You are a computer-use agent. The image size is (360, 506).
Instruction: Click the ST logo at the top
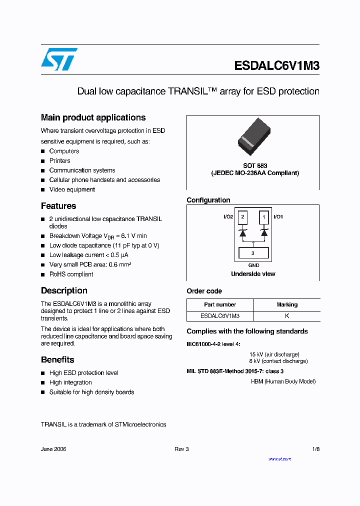tap(59, 59)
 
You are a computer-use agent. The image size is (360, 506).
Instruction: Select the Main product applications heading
tap(93, 117)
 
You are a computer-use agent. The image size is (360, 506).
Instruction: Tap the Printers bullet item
tap(59, 161)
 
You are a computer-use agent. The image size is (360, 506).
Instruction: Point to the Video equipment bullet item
tap(72, 189)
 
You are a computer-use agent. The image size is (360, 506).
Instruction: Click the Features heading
tap(58, 206)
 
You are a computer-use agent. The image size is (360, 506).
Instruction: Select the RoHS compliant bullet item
tap(71, 274)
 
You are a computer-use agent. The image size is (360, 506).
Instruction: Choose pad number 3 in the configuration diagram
tap(253, 253)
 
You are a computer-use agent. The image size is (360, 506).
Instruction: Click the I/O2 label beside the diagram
tap(228, 217)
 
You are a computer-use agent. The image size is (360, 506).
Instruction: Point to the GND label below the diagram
tap(253, 265)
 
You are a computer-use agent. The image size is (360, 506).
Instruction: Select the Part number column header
tap(220, 304)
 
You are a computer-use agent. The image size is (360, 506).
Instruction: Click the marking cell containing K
tap(287, 316)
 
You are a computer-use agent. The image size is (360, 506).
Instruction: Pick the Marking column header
tap(287, 304)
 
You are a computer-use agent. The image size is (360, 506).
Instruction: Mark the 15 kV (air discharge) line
tap(274, 354)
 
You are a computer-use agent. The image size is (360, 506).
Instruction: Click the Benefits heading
tap(57, 359)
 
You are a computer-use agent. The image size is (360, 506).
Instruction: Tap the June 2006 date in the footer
tap(53, 449)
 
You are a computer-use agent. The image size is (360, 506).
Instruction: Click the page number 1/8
tap(315, 449)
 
